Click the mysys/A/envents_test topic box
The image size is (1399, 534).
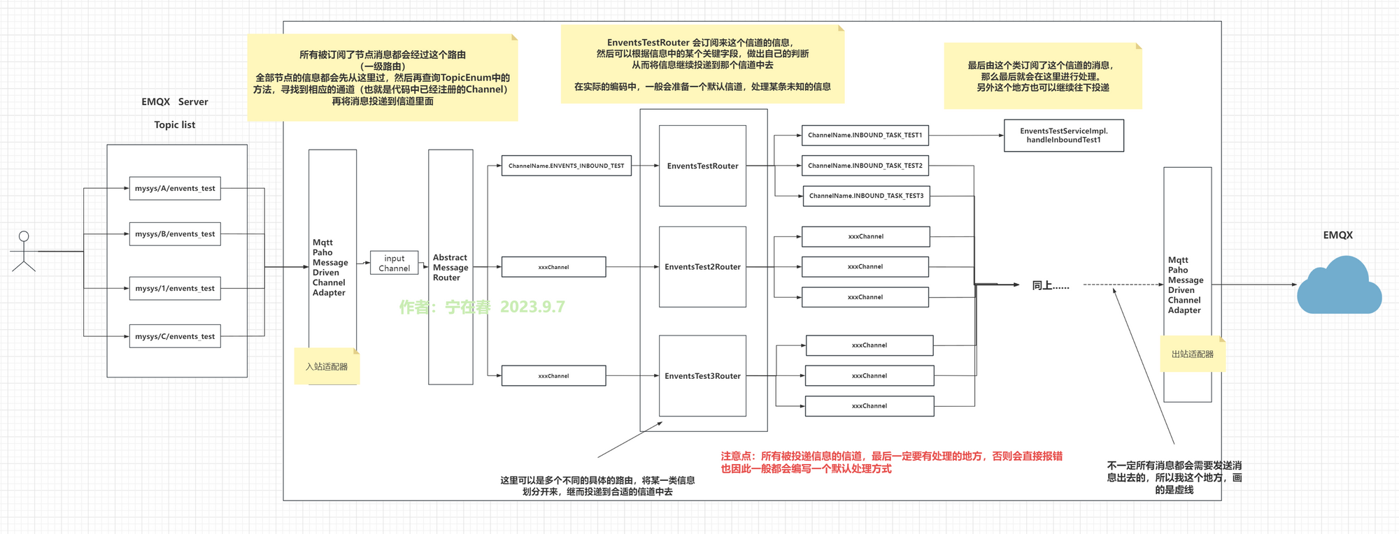coord(175,189)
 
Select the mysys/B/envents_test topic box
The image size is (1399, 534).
coord(175,234)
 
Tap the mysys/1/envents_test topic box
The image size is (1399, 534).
coord(175,289)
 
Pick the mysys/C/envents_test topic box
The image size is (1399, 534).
coord(175,336)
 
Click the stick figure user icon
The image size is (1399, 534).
coord(24,251)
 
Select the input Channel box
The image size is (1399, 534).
coord(395,263)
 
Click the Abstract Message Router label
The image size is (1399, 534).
coord(450,268)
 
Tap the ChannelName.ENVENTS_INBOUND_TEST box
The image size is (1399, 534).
coord(566,166)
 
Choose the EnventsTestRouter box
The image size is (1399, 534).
coord(702,166)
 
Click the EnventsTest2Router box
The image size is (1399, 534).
coord(702,267)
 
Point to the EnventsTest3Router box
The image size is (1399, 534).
coord(702,376)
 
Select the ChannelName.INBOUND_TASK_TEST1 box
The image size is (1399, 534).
coord(865,136)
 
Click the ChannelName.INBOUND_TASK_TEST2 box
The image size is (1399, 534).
coord(865,166)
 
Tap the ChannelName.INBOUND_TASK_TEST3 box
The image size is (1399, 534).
coord(866,196)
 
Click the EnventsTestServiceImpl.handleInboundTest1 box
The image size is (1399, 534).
coord(1063,136)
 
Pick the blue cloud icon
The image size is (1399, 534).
coord(1338,287)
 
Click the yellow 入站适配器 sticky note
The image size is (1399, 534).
coord(327,366)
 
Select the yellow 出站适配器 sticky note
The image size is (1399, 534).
coord(1193,354)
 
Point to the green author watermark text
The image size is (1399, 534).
coord(482,307)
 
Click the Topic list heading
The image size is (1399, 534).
coord(175,125)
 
